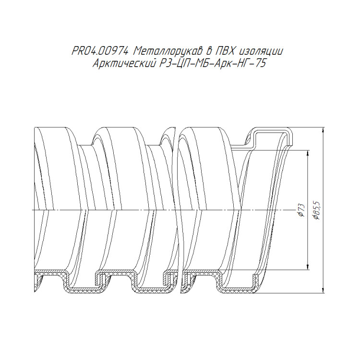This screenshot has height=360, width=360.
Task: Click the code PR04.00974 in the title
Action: [100, 51]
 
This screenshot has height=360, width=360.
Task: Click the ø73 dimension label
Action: [301, 210]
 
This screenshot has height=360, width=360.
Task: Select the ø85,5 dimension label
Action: [317, 210]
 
